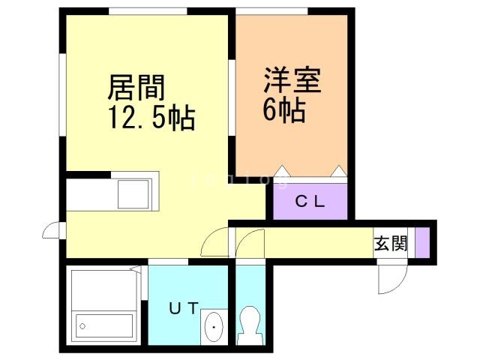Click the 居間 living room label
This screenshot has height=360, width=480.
136,88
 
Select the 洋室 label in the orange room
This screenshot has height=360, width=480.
292,81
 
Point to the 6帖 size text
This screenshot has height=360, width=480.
283,110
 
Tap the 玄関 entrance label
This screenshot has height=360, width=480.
391,243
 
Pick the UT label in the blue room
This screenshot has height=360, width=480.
183,307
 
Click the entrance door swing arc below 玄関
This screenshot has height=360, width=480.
391,280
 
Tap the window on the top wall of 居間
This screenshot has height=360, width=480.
147,11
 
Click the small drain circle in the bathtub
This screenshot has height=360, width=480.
83,326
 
